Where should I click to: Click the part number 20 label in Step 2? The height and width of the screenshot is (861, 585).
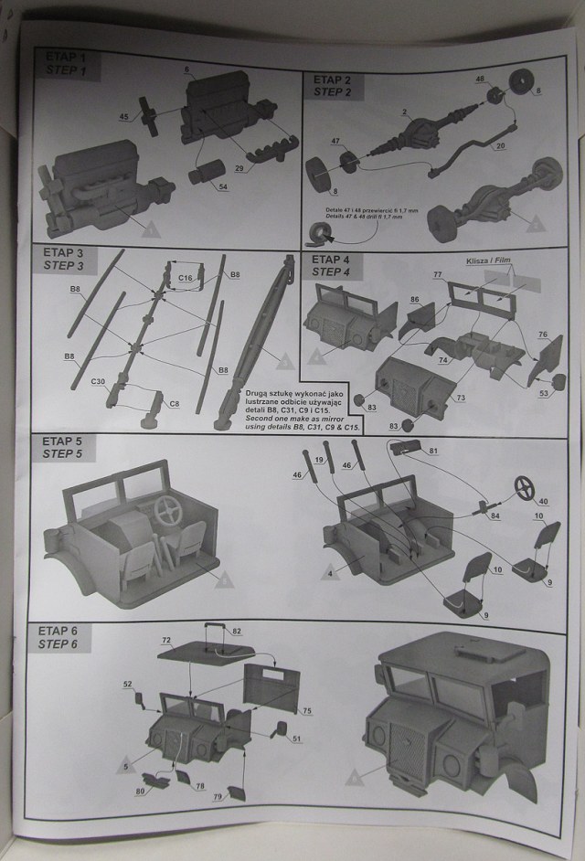[499, 146]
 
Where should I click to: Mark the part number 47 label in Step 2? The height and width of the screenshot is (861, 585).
[335, 142]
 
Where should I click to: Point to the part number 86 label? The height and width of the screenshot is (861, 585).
[415, 299]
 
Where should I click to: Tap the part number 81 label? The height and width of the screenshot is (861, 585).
[434, 451]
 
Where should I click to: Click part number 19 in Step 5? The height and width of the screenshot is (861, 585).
[319, 459]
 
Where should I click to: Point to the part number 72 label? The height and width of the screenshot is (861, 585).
[167, 642]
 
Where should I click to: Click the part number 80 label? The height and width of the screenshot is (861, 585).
[141, 791]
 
